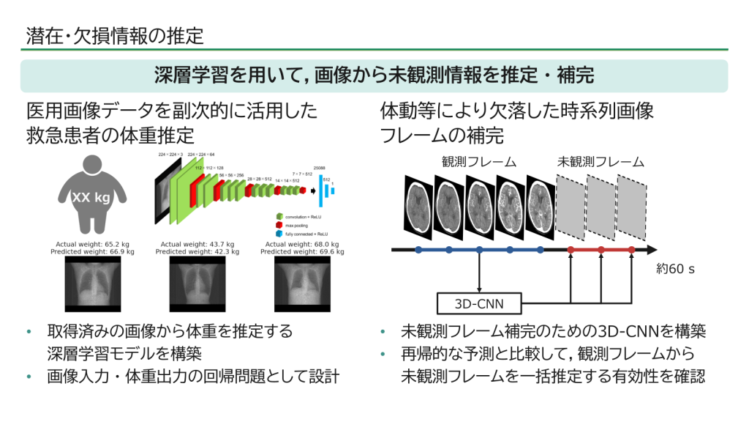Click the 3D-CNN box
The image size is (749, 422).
[x=478, y=303]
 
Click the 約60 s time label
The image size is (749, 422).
[x=675, y=269]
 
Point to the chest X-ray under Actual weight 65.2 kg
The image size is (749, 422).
[x=92, y=284]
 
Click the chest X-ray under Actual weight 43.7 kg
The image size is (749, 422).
[x=197, y=284]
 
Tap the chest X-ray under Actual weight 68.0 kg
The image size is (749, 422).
[x=302, y=284]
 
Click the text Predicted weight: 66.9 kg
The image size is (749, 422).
[x=92, y=251]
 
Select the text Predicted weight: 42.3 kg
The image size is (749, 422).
[x=197, y=251]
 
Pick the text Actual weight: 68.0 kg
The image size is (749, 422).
[x=302, y=244]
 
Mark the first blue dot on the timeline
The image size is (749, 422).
[x=418, y=250]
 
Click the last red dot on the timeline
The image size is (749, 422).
[x=631, y=250]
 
